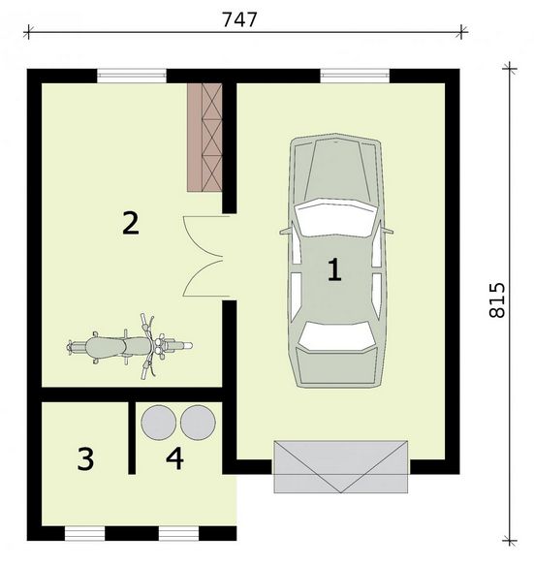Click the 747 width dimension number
pyautogui.click(x=239, y=19)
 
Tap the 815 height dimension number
pyautogui.click(x=497, y=300)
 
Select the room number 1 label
pyautogui.click(x=334, y=269)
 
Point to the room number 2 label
pyautogui.click(x=131, y=223)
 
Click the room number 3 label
pyautogui.click(x=85, y=458)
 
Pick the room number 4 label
pyautogui.click(x=174, y=458)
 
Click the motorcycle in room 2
pyautogui.click(x=129, y=347)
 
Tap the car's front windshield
pyautogui.click(x=335, y=217)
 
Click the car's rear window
pyautogui.click(x=336, y=335)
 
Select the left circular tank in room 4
pyautogui.click(x=159, y=423)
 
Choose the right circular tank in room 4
pyautogui.click(x=198, y=423)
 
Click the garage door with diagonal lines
pyautogui.click(x=341, y=467)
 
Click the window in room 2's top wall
pyautogui.click(x=132, y=76)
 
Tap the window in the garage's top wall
pyautogui.click(x=355, y=76)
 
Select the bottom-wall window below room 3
pyautogui.click(x=85, y=533)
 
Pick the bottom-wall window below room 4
pyautogui.click(x=178, y=533)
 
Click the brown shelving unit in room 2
pyautogui.click(x=204, y=138)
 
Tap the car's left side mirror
pyautogui.click(x=285, y=232)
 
